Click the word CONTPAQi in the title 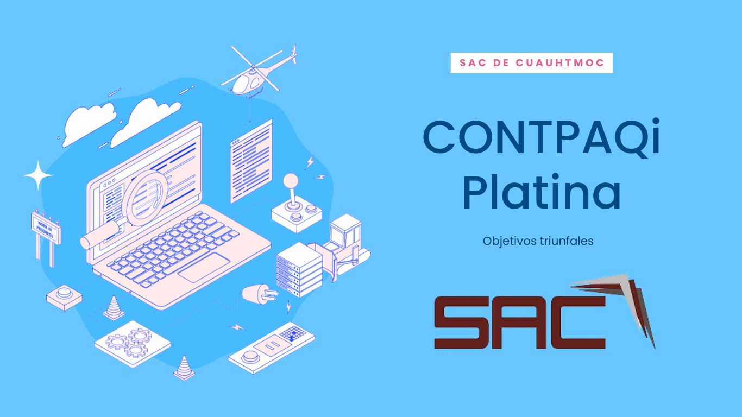tap(542, 138)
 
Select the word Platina tap(541, 192)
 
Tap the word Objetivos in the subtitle tap(509, 242)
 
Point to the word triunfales tap(566, 241)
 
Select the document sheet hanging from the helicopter tap(251, 161)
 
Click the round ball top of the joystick tap(291, 181)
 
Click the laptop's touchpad tap(204, 268)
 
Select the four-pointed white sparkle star tap(38, 175)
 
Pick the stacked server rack tap(299, 270)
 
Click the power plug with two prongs tap(260, 294)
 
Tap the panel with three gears tap(133, 344)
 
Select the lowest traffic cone tap(184, 368)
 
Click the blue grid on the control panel tap(293, 333)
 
